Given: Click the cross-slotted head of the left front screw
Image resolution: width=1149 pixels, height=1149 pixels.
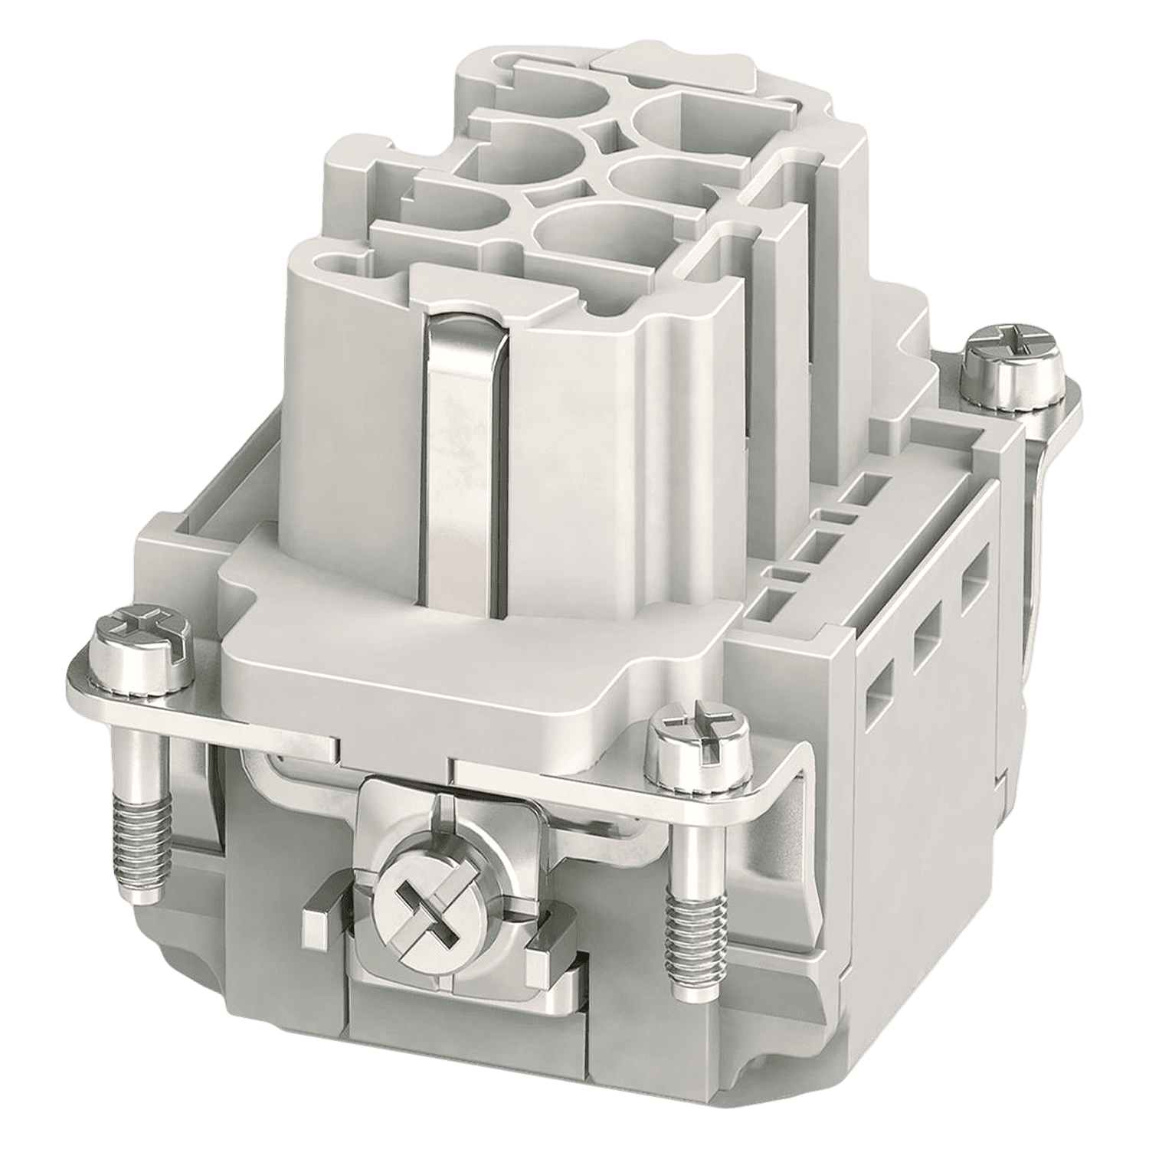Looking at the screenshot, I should [x=142, y=640].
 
